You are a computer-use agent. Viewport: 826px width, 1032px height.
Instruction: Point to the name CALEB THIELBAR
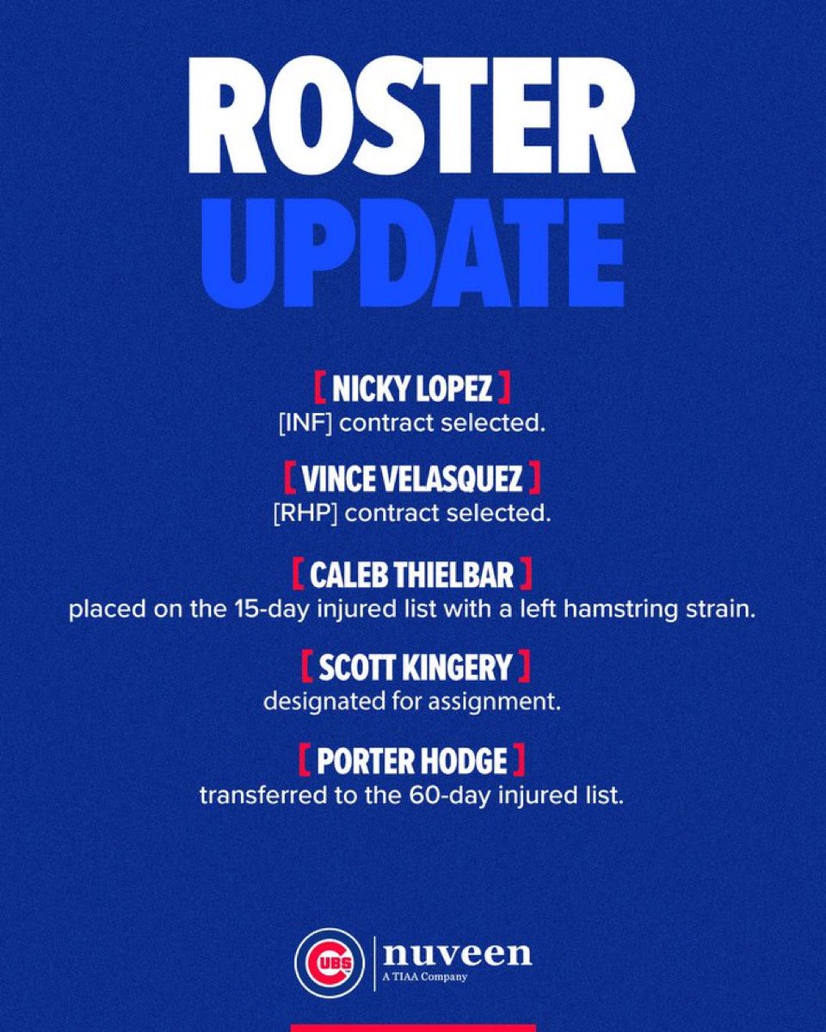[412, 571]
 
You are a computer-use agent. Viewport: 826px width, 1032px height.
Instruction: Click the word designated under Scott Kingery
[313, 703]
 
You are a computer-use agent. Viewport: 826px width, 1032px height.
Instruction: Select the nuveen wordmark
[457, 953]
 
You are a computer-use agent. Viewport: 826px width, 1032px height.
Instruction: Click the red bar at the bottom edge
[412, 1027]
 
